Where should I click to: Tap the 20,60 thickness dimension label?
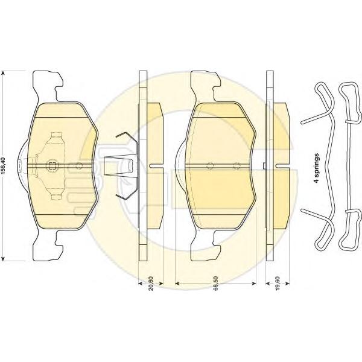click(x=150, y=283)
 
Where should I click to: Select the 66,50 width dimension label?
click(x=216, y=283)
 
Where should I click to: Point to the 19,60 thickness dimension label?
click(x=278, y=283)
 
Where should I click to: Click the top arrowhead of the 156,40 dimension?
click(x=3, y=74)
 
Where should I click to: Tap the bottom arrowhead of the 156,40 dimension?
click(x=3, y=258)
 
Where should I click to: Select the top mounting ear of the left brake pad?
click(x=47, y=86)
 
